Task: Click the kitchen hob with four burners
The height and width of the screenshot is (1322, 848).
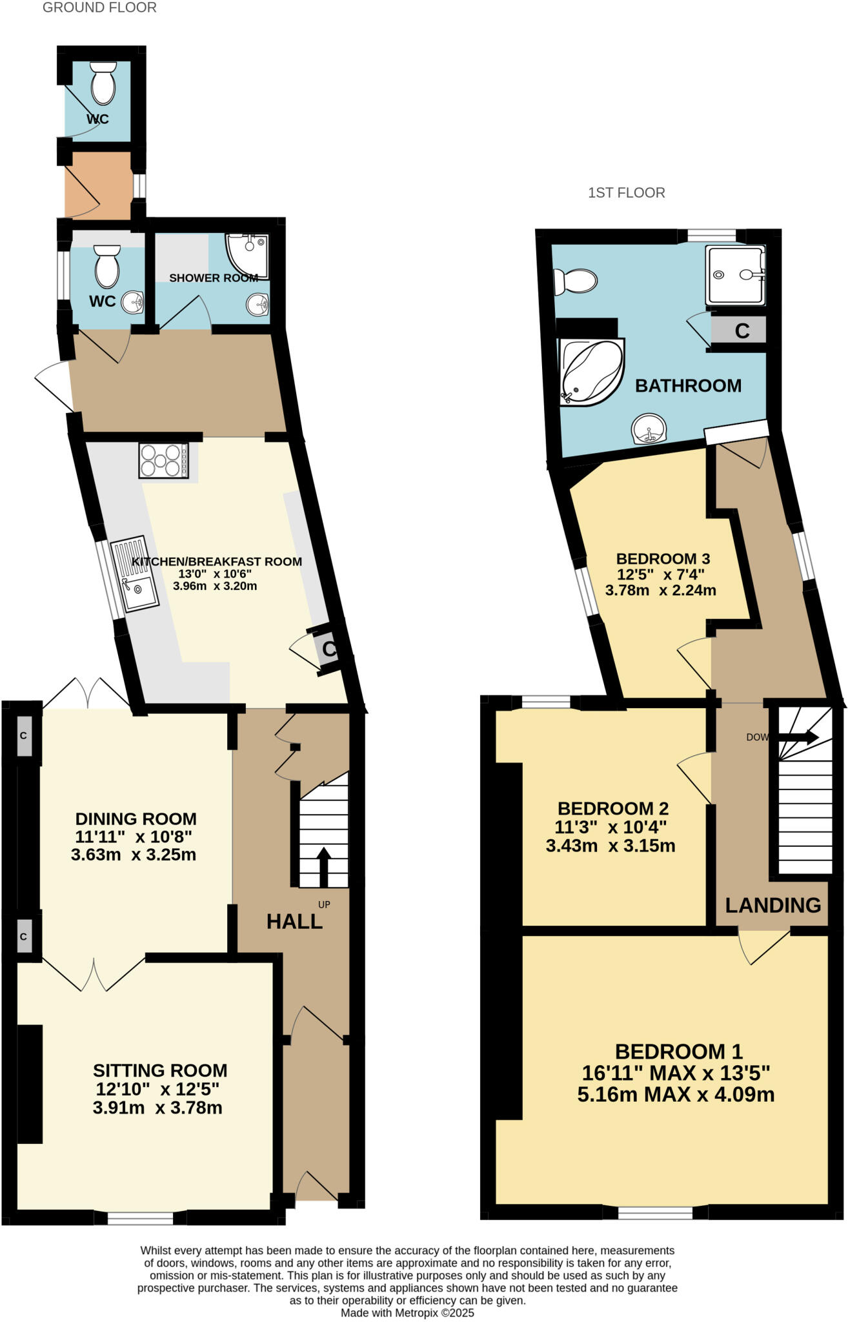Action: tap(164, 460)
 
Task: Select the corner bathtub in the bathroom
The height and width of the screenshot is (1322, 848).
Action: tap(590, 373)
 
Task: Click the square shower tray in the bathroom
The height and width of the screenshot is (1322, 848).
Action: tap(735, 275)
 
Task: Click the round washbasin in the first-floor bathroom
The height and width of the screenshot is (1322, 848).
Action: tap(648, 429)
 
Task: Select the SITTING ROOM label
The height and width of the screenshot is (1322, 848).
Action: tap(160, 1071)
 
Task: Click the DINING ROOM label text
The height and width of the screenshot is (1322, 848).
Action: tap(136, 819)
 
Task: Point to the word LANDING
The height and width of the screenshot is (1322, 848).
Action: tap(772, 906)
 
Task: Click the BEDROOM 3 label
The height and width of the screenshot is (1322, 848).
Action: tap(663, 559)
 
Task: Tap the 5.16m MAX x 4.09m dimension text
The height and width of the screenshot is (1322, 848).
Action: tap(676, 1095)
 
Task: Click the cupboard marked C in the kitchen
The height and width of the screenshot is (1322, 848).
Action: tap(329, 649)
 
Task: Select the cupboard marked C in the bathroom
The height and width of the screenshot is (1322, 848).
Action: tap(742, 330)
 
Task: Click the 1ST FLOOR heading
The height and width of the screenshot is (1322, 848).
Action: tap(626, 192)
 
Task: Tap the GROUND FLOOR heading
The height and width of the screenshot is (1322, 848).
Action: tap(99, 8)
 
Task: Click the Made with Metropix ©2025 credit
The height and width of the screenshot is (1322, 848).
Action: tap(407, 1313)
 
